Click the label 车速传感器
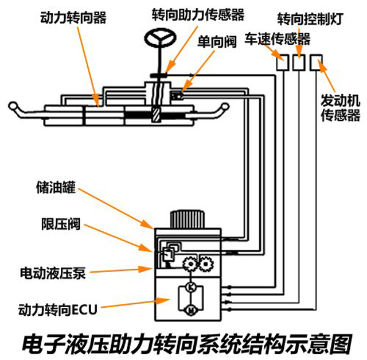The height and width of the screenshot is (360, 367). [x=278, y=38]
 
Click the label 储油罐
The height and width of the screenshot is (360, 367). [x=55, y=188]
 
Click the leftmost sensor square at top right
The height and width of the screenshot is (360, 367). [x=282, y=62]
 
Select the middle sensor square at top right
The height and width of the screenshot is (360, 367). [x=299, y=62]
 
